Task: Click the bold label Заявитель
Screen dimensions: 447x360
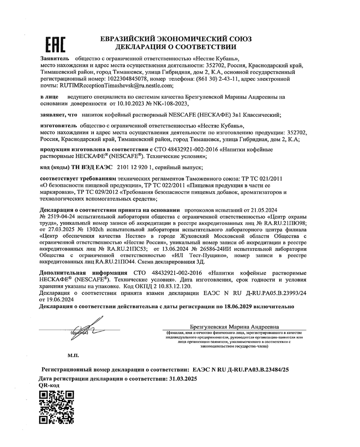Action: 55,58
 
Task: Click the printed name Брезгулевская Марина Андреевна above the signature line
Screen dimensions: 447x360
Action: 235,327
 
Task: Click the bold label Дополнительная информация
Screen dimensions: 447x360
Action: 78,272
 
